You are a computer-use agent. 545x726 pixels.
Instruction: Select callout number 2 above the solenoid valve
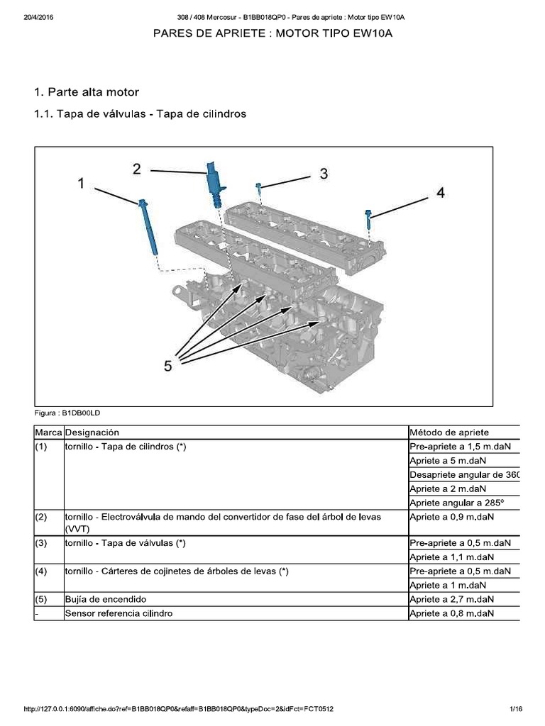(x=136, y=168)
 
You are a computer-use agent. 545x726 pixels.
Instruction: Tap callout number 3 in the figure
(x=323, y=174)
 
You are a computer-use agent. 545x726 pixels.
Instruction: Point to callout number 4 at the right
(x=440, y=192)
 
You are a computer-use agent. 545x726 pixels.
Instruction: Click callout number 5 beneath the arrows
(x=168, y=366)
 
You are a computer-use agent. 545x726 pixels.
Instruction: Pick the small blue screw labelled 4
(x=369, y=219)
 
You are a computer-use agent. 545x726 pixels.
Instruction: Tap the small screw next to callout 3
(x=260, y=189)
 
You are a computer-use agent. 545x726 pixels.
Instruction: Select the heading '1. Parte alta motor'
(x=87, y=92)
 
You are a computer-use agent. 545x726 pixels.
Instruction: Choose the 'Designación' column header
(x=92, y=432)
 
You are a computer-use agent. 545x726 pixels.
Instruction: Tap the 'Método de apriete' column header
(x=449, y=432)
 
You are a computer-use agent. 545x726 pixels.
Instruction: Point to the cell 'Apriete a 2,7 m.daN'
(x=451, y=599)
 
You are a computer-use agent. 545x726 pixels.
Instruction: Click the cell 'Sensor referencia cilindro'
(x=119, y=613)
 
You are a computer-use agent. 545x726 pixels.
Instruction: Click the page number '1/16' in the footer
(x=515, y=709)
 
